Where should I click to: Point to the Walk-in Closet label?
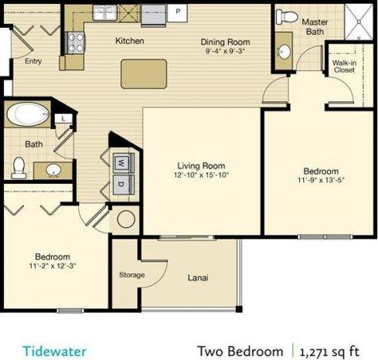[x=343, y=66]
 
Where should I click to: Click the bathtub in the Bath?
[x=28, y=117]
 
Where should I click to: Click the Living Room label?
[x=201, y=165]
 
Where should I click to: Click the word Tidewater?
[x=53, y=350]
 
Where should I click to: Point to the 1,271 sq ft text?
[x=332, y=350]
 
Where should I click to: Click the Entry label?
[x=34, y=60]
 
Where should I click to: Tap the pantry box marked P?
[x=178, y=12]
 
